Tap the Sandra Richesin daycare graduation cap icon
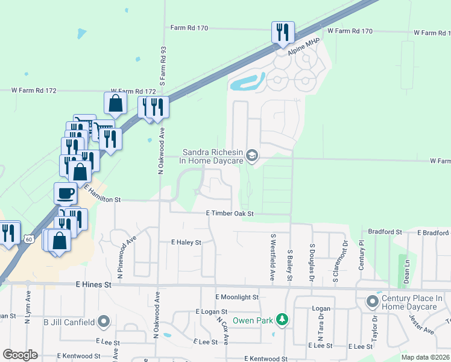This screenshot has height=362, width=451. [x=252, y=157]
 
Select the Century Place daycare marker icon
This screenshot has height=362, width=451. [x=373, y=300]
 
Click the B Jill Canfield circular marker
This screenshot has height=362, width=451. [x=104, y=322]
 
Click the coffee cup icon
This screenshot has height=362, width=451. [x=66, y=194]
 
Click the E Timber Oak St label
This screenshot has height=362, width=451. [x=230, y=214]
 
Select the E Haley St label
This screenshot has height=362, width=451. [x=185, y=243]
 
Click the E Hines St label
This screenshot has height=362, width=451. [x=93, y=284]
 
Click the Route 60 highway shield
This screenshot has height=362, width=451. [x=28, y=240]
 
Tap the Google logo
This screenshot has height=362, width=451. [x=20, y=355]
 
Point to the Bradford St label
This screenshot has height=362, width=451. [x=384, y=232]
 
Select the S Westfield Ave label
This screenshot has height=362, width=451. [x=273, y=250]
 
